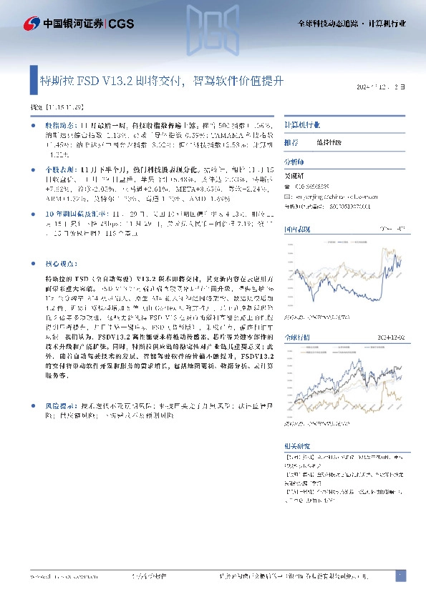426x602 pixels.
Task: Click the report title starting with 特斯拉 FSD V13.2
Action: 160,82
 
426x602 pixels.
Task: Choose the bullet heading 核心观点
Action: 59,263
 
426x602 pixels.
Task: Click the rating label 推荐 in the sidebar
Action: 290,143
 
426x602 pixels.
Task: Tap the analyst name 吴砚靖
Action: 294,175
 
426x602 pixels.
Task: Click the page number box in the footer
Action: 400,576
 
